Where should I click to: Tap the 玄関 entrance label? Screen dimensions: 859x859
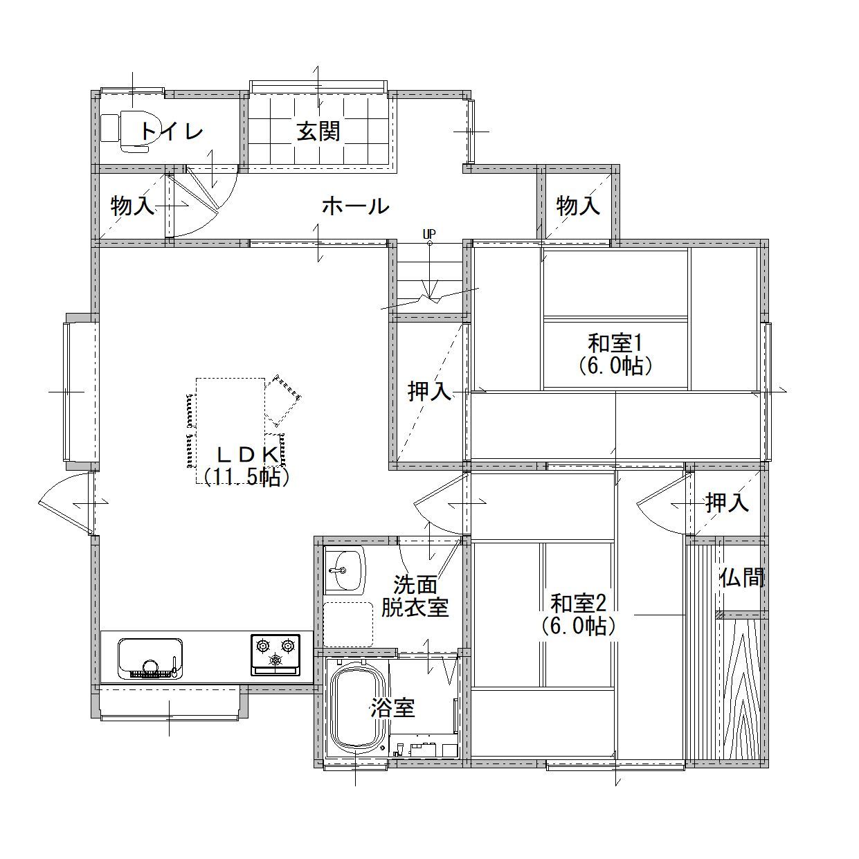click(x=318, y=131)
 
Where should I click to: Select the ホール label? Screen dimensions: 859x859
click(x=356, y=206)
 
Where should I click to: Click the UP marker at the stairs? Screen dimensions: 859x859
click(x=430, y=233)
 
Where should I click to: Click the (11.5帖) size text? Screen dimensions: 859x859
click(x=247, y=477)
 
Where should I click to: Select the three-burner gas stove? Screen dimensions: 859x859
click(x=275, y=655)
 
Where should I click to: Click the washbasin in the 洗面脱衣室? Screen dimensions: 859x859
click(x=345, y=571)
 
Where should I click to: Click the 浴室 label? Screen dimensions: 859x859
click(x=392, y=708)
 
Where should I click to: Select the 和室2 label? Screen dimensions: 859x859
click(x=578, y=604)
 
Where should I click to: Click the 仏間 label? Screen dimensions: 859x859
click(x=742, y=578)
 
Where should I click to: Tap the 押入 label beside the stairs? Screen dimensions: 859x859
click(x=430, y=391)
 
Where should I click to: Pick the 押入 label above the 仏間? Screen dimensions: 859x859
click(x=727, y=503)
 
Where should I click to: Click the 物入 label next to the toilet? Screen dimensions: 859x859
click(x=132, y=206)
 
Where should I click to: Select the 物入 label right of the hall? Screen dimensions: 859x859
click(x=578, y=206)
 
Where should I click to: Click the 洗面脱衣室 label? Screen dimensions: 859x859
click(x=415, y=596)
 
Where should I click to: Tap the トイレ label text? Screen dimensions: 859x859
click(x=172, y=131)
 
